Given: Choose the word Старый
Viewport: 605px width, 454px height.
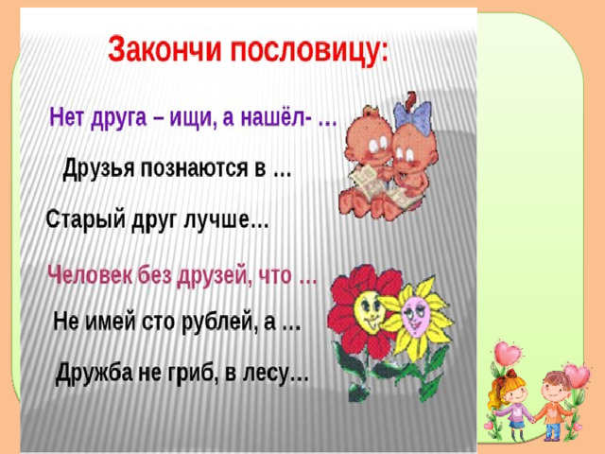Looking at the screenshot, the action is click(86, 219).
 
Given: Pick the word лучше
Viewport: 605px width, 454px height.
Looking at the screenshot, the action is click(216, 219).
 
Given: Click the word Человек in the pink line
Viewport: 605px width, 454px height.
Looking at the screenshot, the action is click(91, 275).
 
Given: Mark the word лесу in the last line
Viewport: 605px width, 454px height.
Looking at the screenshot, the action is click(266, 373).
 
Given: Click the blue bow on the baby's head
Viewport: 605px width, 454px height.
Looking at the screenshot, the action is click(412, 116).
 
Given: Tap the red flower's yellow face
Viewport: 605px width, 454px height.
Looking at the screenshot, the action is click(368, 310).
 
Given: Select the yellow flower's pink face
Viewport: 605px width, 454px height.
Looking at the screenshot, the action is click(414, 315).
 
